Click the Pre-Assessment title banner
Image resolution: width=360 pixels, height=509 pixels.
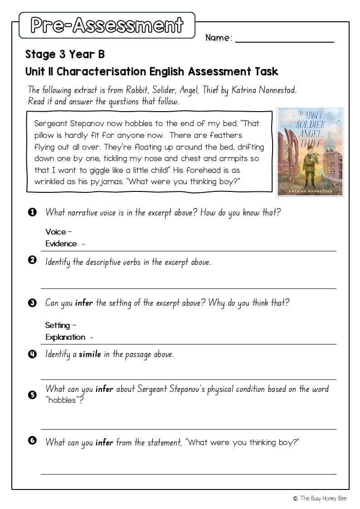107,25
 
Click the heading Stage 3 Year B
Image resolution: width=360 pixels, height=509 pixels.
65,54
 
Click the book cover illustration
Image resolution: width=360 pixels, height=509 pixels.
310,151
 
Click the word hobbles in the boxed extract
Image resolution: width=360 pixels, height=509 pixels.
134,123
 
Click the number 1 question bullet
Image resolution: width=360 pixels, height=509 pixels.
32,212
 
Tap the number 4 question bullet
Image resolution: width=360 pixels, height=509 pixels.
32,354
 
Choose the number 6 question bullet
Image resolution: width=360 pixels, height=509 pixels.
32,440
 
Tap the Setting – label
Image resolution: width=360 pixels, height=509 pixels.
61,325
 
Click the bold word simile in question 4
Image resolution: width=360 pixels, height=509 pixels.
90,354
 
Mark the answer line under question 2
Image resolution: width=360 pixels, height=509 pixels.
189,288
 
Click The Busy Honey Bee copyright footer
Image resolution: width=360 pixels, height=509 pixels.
320,499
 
